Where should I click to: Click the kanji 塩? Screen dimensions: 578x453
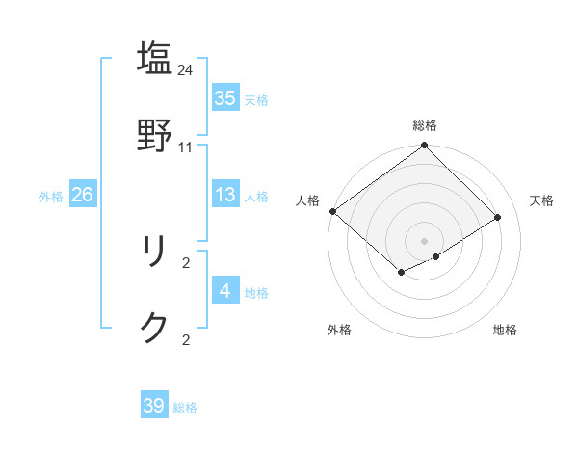tap(154, 58)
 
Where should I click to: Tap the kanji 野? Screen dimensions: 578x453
tap(154, 135)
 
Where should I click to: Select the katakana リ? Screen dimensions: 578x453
tap(154, 253)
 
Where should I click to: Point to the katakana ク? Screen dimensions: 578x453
tap(154, 328)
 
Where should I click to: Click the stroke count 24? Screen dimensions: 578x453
tap(186, 69)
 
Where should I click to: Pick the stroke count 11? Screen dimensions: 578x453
tap(186, 147)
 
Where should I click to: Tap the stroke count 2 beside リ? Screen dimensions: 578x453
tap(186, 262)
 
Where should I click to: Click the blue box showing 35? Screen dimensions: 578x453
tap(225, 97)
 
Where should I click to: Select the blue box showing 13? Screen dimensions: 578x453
tap(225, 195)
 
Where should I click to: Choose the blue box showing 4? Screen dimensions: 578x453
tap(225, 291)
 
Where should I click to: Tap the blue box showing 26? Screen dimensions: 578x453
tap(82, 195)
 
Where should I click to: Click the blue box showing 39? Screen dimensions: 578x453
tap(154, 406)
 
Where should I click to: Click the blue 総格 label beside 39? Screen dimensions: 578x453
tap(186, 408)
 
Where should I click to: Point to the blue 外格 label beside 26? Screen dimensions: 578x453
tap(51, 197)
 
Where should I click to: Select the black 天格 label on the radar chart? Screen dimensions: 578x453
tap(541, 200)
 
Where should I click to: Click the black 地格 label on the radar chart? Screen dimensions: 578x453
tap(505, 330)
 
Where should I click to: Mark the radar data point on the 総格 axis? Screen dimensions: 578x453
tap(424, 146)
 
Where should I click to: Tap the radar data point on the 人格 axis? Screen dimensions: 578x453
tap(332, 211)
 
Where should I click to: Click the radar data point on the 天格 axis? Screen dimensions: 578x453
tap(498, 217)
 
